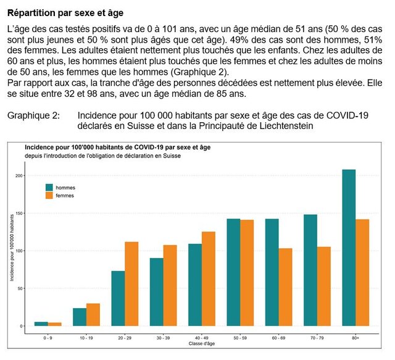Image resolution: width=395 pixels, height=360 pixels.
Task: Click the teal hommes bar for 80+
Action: [349, 247]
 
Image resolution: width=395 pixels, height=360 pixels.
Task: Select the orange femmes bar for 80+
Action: [362, 272]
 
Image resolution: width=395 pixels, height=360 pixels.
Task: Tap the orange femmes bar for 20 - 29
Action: [131, 283]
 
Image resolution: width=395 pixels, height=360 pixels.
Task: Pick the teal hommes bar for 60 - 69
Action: [272, 272]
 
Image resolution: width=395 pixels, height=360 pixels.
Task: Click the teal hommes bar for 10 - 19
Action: [80, 317]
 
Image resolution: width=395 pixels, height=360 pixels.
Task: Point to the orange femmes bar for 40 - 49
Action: [209, 278]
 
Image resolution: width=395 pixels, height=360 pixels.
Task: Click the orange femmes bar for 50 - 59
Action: [247, 272]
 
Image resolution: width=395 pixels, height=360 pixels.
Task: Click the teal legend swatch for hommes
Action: [49, 186]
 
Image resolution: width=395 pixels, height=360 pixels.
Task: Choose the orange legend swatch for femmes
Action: [49, 195]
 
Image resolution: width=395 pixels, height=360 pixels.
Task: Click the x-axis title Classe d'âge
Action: [202, 344]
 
